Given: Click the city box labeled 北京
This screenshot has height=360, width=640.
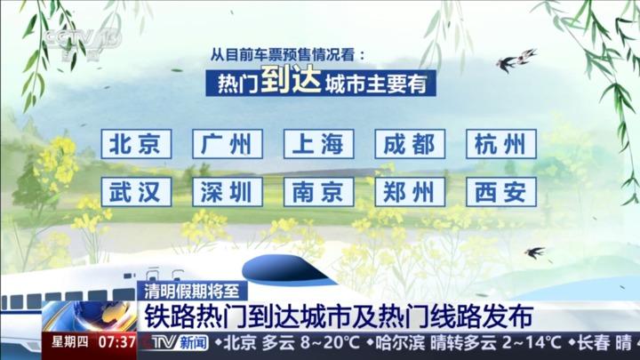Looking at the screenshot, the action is click(136, 144).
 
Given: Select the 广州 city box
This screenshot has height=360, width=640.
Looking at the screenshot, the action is click(228, 144).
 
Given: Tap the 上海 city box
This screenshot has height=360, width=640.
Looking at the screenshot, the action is click(319, 144).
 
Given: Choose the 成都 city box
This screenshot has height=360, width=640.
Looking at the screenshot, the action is click(410, 144).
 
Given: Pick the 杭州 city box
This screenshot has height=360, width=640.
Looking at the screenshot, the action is click(501, 144).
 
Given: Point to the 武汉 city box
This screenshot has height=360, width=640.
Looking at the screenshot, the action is click(136, 192).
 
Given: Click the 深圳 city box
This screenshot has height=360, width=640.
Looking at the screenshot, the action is click(228, 192).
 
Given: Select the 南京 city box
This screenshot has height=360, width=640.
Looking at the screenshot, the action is click(319, 192).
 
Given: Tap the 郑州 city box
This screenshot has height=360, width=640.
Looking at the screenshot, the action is click(410, 192).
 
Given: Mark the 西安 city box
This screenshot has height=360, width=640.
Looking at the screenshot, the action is click(501, 192).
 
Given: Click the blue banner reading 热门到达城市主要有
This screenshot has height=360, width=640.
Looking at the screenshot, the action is click(321, 83).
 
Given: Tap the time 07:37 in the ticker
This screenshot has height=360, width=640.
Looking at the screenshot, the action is click(116, 342).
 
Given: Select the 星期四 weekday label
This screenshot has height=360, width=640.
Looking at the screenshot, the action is click(70, 341).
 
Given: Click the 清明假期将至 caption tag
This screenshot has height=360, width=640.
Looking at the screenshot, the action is click(192, 292).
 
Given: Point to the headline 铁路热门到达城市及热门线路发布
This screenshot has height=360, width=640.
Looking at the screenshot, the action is click(339, 316).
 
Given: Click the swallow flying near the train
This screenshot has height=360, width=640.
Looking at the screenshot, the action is click(534, 252).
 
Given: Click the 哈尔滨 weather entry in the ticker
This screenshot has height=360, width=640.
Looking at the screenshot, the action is click(464, 342).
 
